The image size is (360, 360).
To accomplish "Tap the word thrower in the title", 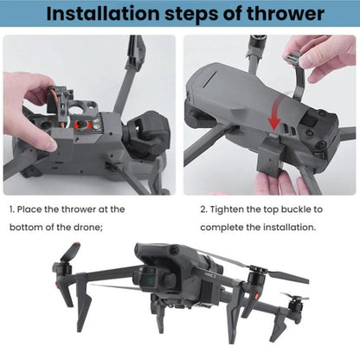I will pyautogui.click(x=278, y=14).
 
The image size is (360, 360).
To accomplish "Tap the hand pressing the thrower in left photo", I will pyautogui.click(x=35, y=95).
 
